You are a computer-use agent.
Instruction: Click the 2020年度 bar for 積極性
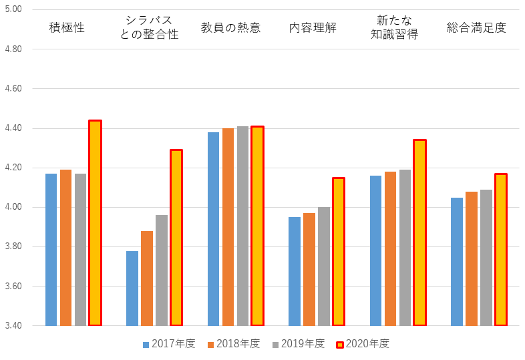coord(95,223)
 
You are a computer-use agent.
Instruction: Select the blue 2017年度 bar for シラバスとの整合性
coord(132,289)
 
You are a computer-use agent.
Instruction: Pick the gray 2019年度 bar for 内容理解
coord(324,266)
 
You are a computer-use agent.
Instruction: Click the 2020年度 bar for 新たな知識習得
coord(419,232)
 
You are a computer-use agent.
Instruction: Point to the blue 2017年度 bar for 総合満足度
coord(457,262)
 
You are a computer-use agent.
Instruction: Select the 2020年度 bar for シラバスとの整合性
coord(176,238)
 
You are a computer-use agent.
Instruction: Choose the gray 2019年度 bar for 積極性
coord(80,250)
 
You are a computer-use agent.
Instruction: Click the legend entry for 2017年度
coord(168,344)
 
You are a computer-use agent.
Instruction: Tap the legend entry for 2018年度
coord(233,344)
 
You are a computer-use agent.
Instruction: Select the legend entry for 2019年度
coord(298,344)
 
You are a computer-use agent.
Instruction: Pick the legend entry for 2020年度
coord(363,344)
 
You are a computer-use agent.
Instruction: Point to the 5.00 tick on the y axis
coord(13,10)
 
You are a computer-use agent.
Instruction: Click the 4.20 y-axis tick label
coord(13,168)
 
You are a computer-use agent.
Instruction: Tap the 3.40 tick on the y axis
coord(13,326)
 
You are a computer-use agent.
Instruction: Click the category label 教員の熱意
coord(230,27)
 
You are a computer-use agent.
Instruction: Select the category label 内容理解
coord(313,27)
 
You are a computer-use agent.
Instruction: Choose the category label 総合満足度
coord(476,27)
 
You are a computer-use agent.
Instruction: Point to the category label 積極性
coord(67,27)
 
